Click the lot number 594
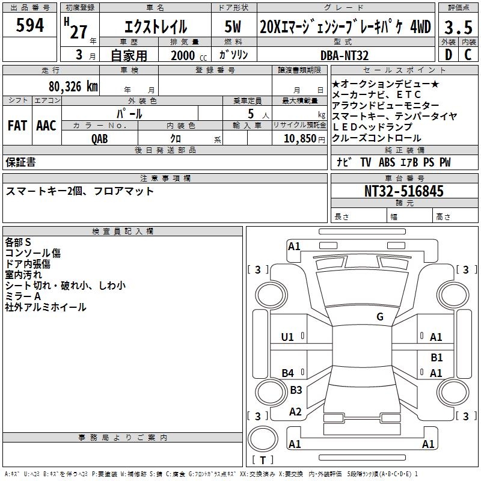coord(30,25)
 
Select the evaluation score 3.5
coord(458,27)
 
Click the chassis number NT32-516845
coord(404,191)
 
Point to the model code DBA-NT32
coord(345,55)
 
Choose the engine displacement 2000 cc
coord(185,55)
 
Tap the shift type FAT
coord(17,126)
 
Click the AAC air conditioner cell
coord(46,126)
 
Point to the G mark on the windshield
coord(380,317)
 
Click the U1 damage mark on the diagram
coord(288,337)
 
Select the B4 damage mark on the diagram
coord(288,373)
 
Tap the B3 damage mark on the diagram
coord(296,390)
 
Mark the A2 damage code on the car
coord(295,412)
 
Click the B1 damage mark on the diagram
coord(437,357)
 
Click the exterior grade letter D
coord(449,55)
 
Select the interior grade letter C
coord(468,55)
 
